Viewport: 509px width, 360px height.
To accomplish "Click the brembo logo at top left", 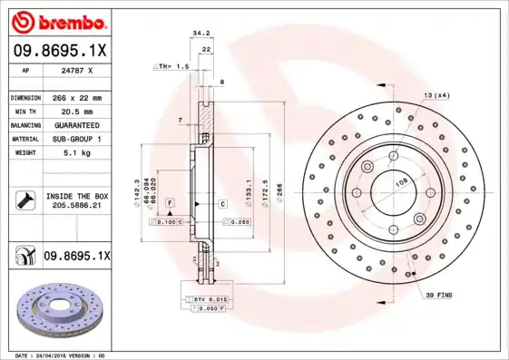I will tap(56, 20).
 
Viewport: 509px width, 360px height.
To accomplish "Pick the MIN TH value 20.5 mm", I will tap(73, 111).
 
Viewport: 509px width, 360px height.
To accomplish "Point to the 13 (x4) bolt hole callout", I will tap(436, 95).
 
